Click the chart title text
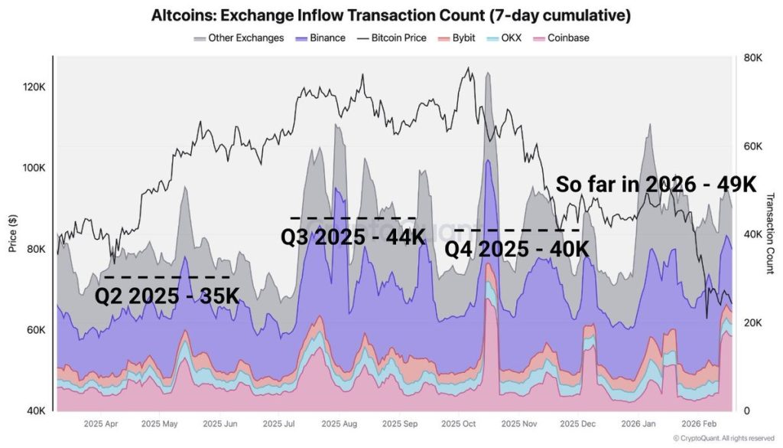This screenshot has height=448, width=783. click(391, 15)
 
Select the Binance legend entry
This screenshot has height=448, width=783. click(323, 38)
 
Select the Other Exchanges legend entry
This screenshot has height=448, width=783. click(239, 38)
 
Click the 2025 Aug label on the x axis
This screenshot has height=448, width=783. click(339, 423)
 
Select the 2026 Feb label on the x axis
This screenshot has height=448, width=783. click(700, 423)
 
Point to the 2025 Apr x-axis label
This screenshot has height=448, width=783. click(101, 423)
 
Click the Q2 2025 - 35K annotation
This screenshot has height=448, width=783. click(166, 296)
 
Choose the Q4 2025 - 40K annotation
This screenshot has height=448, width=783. click(517, 249)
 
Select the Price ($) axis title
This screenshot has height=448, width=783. click(12, 234)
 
